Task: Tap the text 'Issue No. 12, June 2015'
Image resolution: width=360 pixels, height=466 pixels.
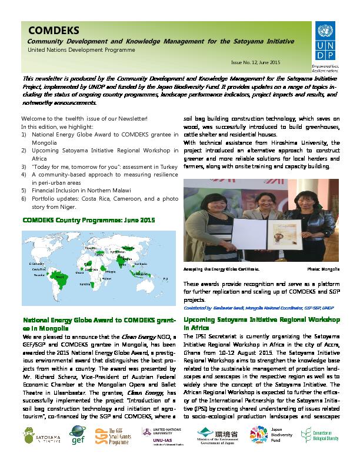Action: click(x=255, y=62)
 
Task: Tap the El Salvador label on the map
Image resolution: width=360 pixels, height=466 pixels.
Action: click(x=36, y=264)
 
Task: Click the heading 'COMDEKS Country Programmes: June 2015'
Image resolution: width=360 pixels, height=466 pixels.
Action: click(x=88, y=220)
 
